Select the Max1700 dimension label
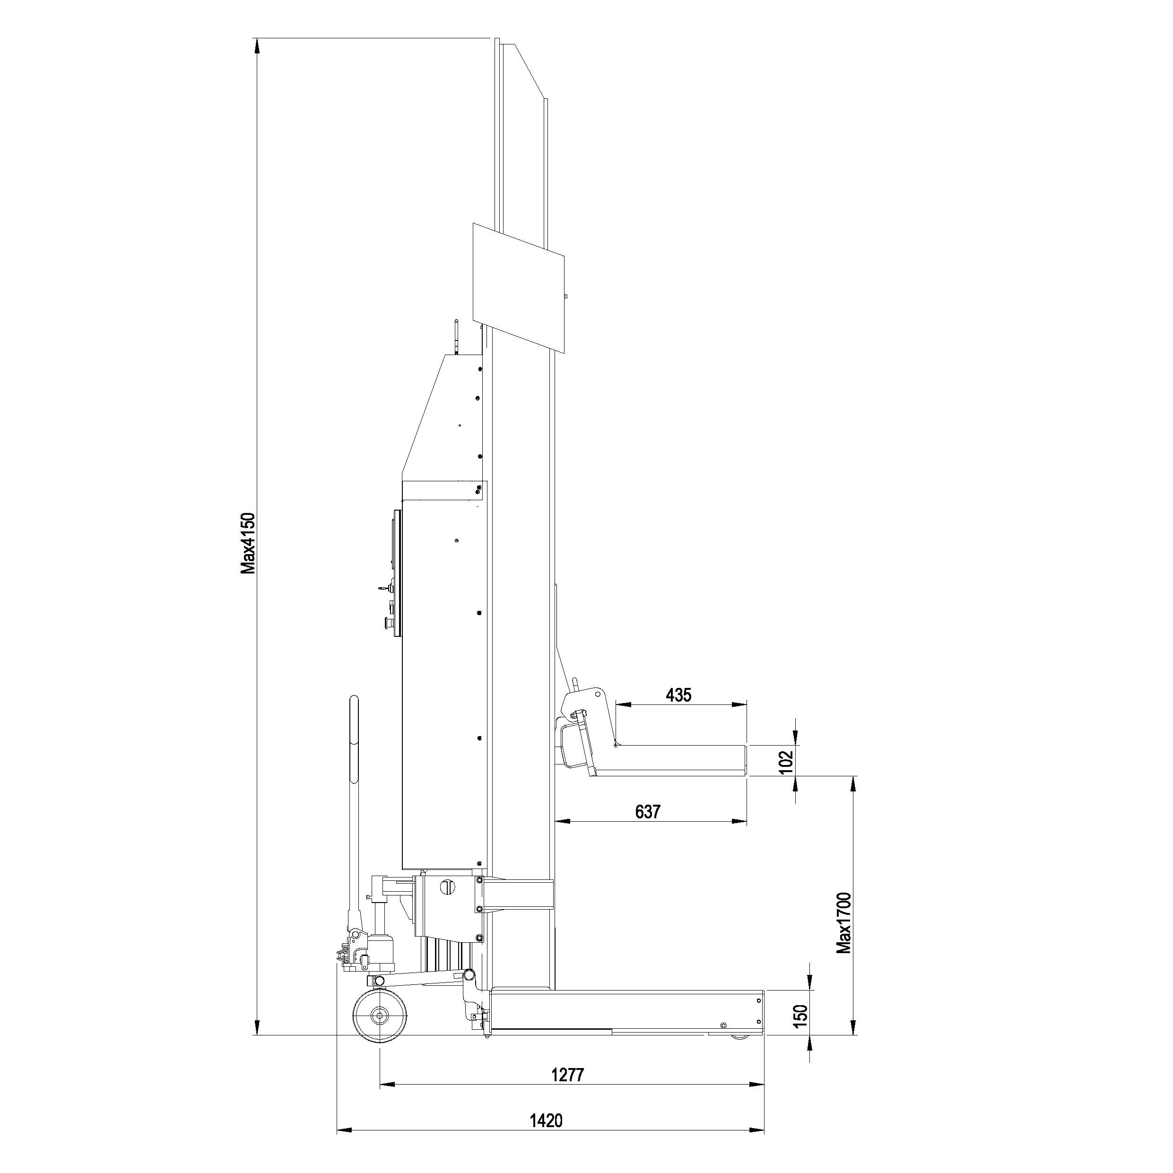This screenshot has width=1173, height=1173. point(844,932)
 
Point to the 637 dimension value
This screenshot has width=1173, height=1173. point(647,812)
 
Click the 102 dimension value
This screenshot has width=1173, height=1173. point(786,762)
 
